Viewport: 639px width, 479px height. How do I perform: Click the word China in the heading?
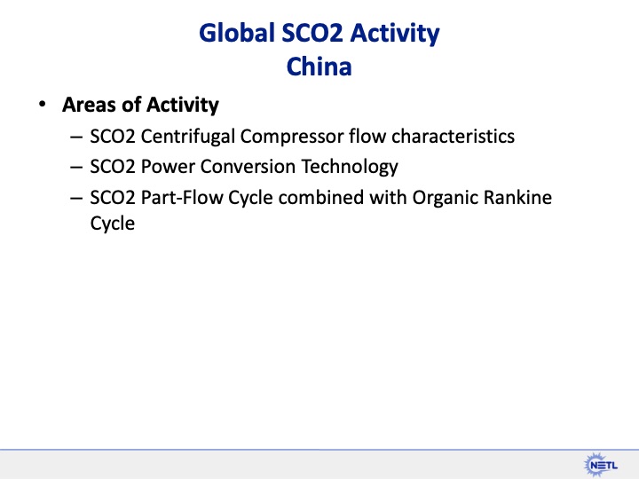[319, 67]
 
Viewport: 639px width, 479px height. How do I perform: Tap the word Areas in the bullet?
[88, 105]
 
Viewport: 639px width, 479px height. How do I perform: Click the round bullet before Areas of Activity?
[41, 105]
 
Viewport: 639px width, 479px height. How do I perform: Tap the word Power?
[161, 167]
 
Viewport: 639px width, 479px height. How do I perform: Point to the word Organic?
[444, 196]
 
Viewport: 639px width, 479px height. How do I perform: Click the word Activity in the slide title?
[395, 34]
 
